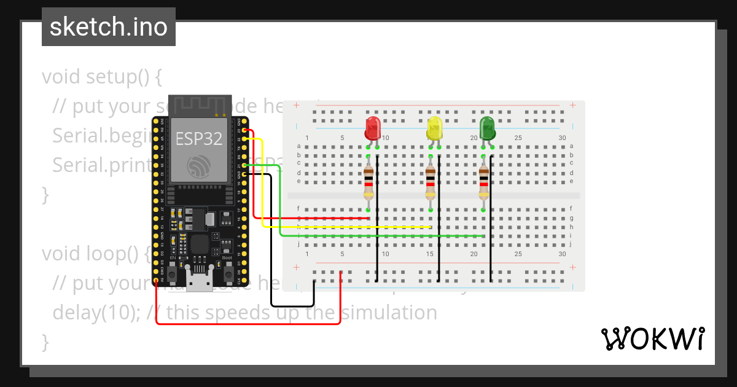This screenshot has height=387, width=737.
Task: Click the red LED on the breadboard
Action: pyautogui.click(x=372, y=128)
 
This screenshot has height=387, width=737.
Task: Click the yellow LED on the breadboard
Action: pyautogui.click(x=434, y=128)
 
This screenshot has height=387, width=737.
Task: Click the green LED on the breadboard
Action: pyautogui.click(x=488, y=128)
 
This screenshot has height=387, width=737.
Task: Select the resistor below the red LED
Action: pyautogui.click(x=368, y=183)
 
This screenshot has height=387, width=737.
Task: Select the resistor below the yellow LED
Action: pyautogui.click(x=431, y=183)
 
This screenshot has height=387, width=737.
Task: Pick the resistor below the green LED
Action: pyautogui.click(x=484, y=183)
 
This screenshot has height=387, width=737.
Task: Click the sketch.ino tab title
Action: pyautogui.click(x=109, y=27)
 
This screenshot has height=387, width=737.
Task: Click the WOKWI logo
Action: pyautogui.click(x=652, y=338)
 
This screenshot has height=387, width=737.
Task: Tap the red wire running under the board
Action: pyautogui.click(x=246, y=323)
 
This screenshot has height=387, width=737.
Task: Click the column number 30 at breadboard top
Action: pyautogui.click(x=562, y=138)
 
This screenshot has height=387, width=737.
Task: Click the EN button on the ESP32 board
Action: pyautogui.click(x=173, y=271)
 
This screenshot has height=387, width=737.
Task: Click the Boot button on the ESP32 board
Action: pyautogui.click(x=227, y=271)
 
